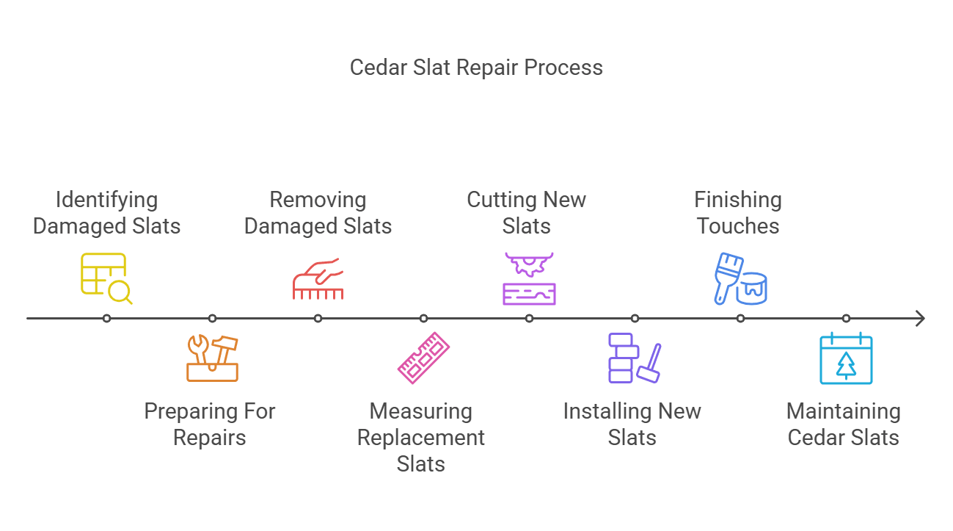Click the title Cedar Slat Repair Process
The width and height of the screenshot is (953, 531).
[x=476, y=68]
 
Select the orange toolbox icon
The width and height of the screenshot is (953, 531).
[x=212, y=358]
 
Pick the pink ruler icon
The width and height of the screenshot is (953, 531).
[x=423, y=358]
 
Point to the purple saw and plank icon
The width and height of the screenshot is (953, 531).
[x=529, y=278]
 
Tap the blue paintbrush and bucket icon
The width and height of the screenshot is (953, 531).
[x=740, y=278]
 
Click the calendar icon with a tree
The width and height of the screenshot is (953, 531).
[x=846, y=358]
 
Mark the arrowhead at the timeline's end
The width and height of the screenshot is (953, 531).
[x=920, y=319]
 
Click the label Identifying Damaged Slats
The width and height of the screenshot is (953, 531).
[x=106, y=213]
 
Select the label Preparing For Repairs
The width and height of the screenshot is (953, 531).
[x=210, y=425]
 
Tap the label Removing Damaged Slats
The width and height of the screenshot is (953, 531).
[x=318, y=213]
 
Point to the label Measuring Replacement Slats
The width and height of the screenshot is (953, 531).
[x=421, y=438]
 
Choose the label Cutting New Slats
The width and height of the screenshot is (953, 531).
[x=527, y=213]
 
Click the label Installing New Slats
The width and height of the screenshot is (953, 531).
[x=632, y=425]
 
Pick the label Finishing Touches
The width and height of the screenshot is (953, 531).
[x=738, y=213]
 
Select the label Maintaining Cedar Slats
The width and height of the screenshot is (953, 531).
[x=844, y=425]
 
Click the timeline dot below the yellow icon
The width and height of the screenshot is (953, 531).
[x=106, y=319]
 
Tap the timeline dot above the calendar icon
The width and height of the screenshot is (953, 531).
[x=846, y=319]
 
